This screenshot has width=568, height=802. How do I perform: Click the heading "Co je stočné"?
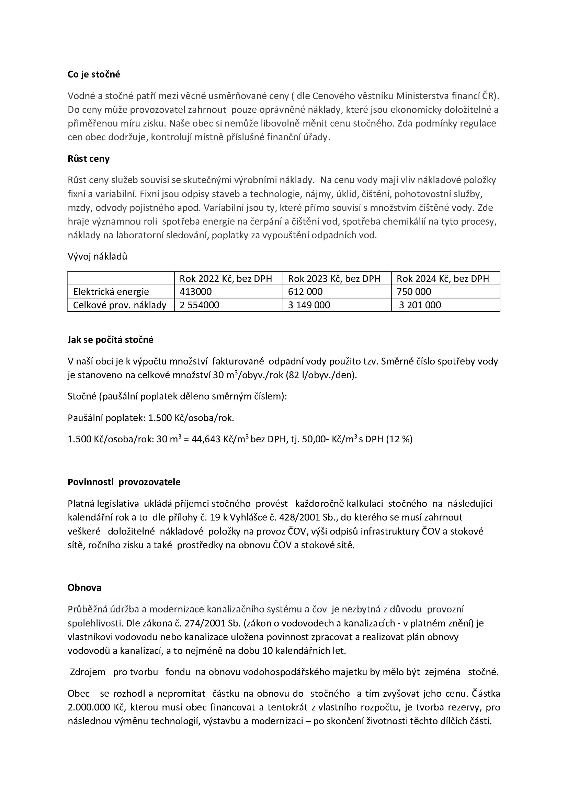pyautogui.click(x=94, y=74)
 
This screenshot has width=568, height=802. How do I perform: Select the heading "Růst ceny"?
pyautogui.click(x=89, y=159)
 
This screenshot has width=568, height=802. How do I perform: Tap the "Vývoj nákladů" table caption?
pyautogui.click(x=97, y=256)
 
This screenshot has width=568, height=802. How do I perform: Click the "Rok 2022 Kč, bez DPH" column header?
pyautogui.click(x=226, y=278)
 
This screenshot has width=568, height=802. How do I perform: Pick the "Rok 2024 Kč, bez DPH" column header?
pyautogui.click(x=442, y=278)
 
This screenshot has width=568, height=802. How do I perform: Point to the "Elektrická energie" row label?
pyautogui.click(x=111, y=292)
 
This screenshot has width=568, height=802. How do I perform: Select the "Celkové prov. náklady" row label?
pyautogui.click(x=119, y=305)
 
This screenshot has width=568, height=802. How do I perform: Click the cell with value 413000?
pyautogui.click(x=195, y=292)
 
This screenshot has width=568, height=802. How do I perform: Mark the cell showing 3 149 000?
pyautogui.click(x=309, y=305)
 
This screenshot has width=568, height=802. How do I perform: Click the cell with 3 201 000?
pyautogui.click(x=420, y=305)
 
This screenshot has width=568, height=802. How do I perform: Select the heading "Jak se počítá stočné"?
pyautogui.click(x=110, y=340)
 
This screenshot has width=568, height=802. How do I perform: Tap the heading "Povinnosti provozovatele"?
pyautogui.click(x=124, y=482)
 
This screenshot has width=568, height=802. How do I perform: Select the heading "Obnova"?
pyautogui.click(x=84, y=588)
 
